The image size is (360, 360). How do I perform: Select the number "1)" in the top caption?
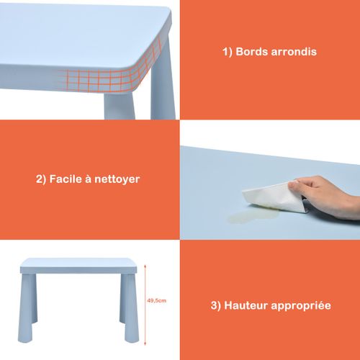click(226, 53)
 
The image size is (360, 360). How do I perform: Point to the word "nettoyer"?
click(114, 179)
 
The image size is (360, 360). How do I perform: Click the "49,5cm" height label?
click(157, 301)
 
